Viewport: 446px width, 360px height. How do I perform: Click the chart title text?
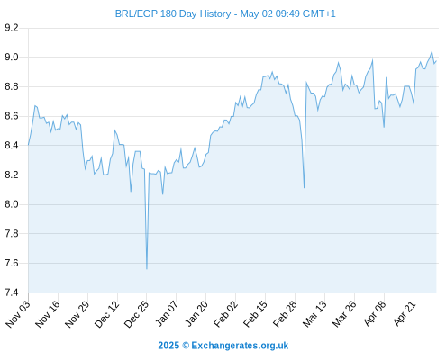tap(225, 13)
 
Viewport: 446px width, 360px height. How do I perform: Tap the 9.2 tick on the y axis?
tap(12, 28)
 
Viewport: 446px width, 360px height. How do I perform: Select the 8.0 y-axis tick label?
tap(12, 204)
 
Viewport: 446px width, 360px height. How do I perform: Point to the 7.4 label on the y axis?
tap(12, 292)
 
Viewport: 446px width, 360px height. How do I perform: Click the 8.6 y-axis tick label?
tap(12, 116)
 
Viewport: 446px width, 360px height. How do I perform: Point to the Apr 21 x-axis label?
tap(405, 313)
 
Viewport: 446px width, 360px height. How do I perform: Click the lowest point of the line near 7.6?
tap(147, 268)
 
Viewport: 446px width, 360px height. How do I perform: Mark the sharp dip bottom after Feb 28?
tap(305, 188)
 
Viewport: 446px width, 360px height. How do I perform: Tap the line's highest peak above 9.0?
tap(432, 51)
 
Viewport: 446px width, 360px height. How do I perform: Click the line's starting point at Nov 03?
tap(29, 145)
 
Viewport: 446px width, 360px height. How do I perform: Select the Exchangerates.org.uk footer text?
tap(240, 346)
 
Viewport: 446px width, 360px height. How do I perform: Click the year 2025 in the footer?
tap(168, 346)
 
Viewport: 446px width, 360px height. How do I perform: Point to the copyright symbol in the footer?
tap(186, 346)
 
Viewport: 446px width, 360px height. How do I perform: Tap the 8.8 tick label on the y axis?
tap(12, 86)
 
